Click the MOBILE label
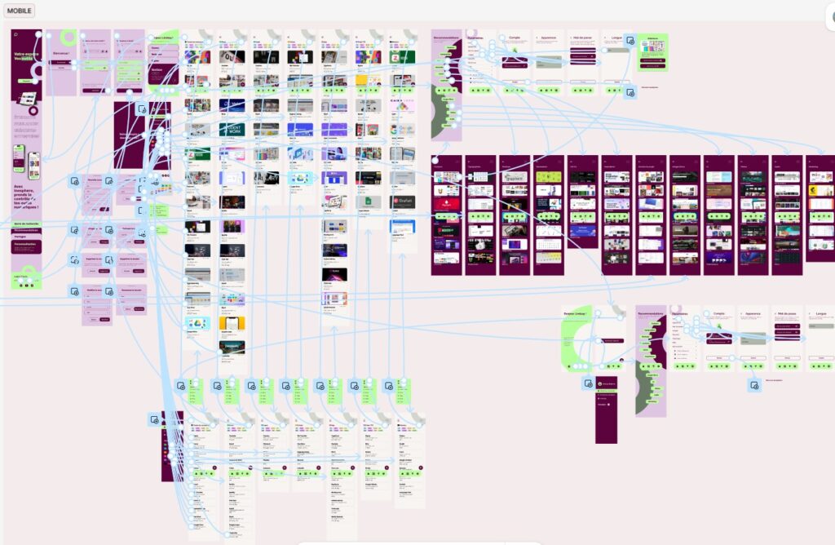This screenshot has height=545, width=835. (19, 11)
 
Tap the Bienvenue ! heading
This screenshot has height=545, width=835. (61, 54)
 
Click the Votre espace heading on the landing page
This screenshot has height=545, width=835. (27, 55)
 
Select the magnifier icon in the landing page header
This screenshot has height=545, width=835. (15, 35)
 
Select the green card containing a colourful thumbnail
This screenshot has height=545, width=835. (652, 51)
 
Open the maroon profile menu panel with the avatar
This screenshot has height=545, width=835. (606, 408)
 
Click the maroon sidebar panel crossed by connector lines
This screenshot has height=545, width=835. (172, 445)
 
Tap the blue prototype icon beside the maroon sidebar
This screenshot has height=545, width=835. (153, 419)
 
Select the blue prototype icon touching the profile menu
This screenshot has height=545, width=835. (588, 383)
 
